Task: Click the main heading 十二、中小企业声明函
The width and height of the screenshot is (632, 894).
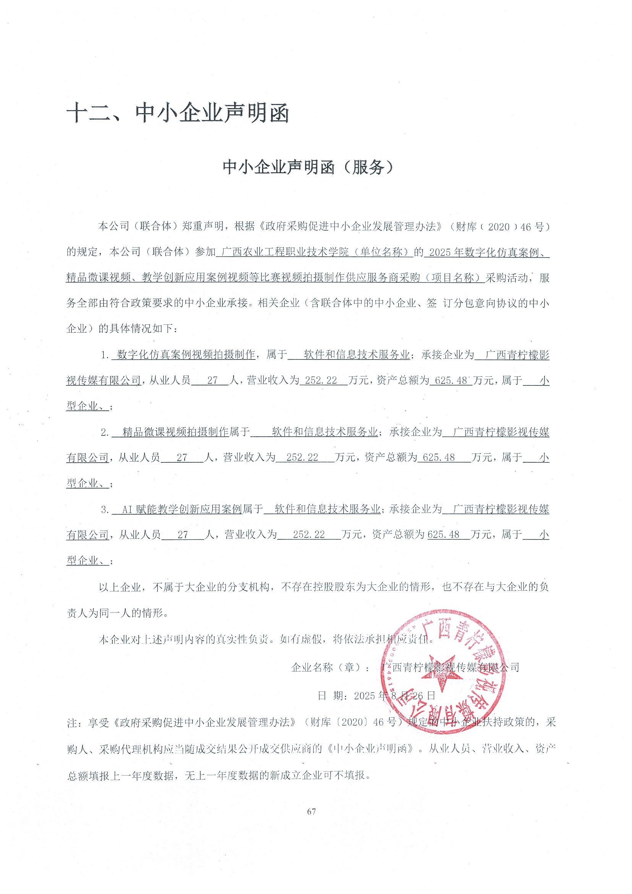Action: (x=178, y=114)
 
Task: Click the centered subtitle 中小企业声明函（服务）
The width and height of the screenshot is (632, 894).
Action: (x=308, y=167)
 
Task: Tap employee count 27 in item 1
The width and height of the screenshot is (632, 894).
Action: (x=212, y=381)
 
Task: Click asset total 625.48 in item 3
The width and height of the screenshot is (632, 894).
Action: (x=443, y=535)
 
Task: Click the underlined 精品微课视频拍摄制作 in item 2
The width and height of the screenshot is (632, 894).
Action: (x=175, y=432)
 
